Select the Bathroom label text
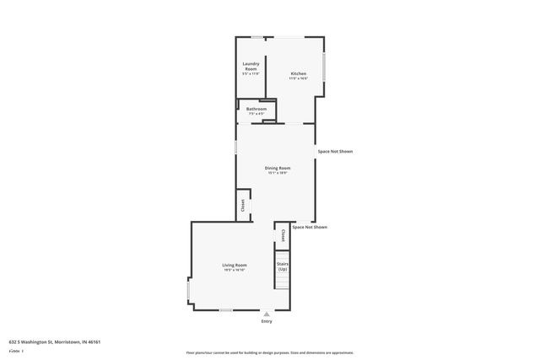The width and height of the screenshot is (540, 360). [256, 109]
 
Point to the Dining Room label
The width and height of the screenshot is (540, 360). [278, 168]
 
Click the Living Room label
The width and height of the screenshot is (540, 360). [234, 266]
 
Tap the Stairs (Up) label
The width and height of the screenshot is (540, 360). [283, 266]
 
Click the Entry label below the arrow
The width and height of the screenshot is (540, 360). [267, 321]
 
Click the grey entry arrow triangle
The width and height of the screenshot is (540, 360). [267, 314]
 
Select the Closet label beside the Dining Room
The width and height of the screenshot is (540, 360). [243, 205]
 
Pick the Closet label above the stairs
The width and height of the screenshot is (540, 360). [283, 235]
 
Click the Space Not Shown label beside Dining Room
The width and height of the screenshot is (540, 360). [335, 152]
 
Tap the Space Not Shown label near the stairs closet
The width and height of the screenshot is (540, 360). [310, 228]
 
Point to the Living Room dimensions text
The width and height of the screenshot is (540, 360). [234, 271]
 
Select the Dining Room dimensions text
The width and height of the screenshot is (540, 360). [278, 173]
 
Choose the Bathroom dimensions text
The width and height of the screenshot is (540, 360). [256, 114]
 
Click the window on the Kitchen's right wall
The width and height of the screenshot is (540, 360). [324, 67]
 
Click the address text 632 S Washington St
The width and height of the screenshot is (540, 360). [55, 342]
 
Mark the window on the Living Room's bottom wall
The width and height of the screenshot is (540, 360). [226, 310]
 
